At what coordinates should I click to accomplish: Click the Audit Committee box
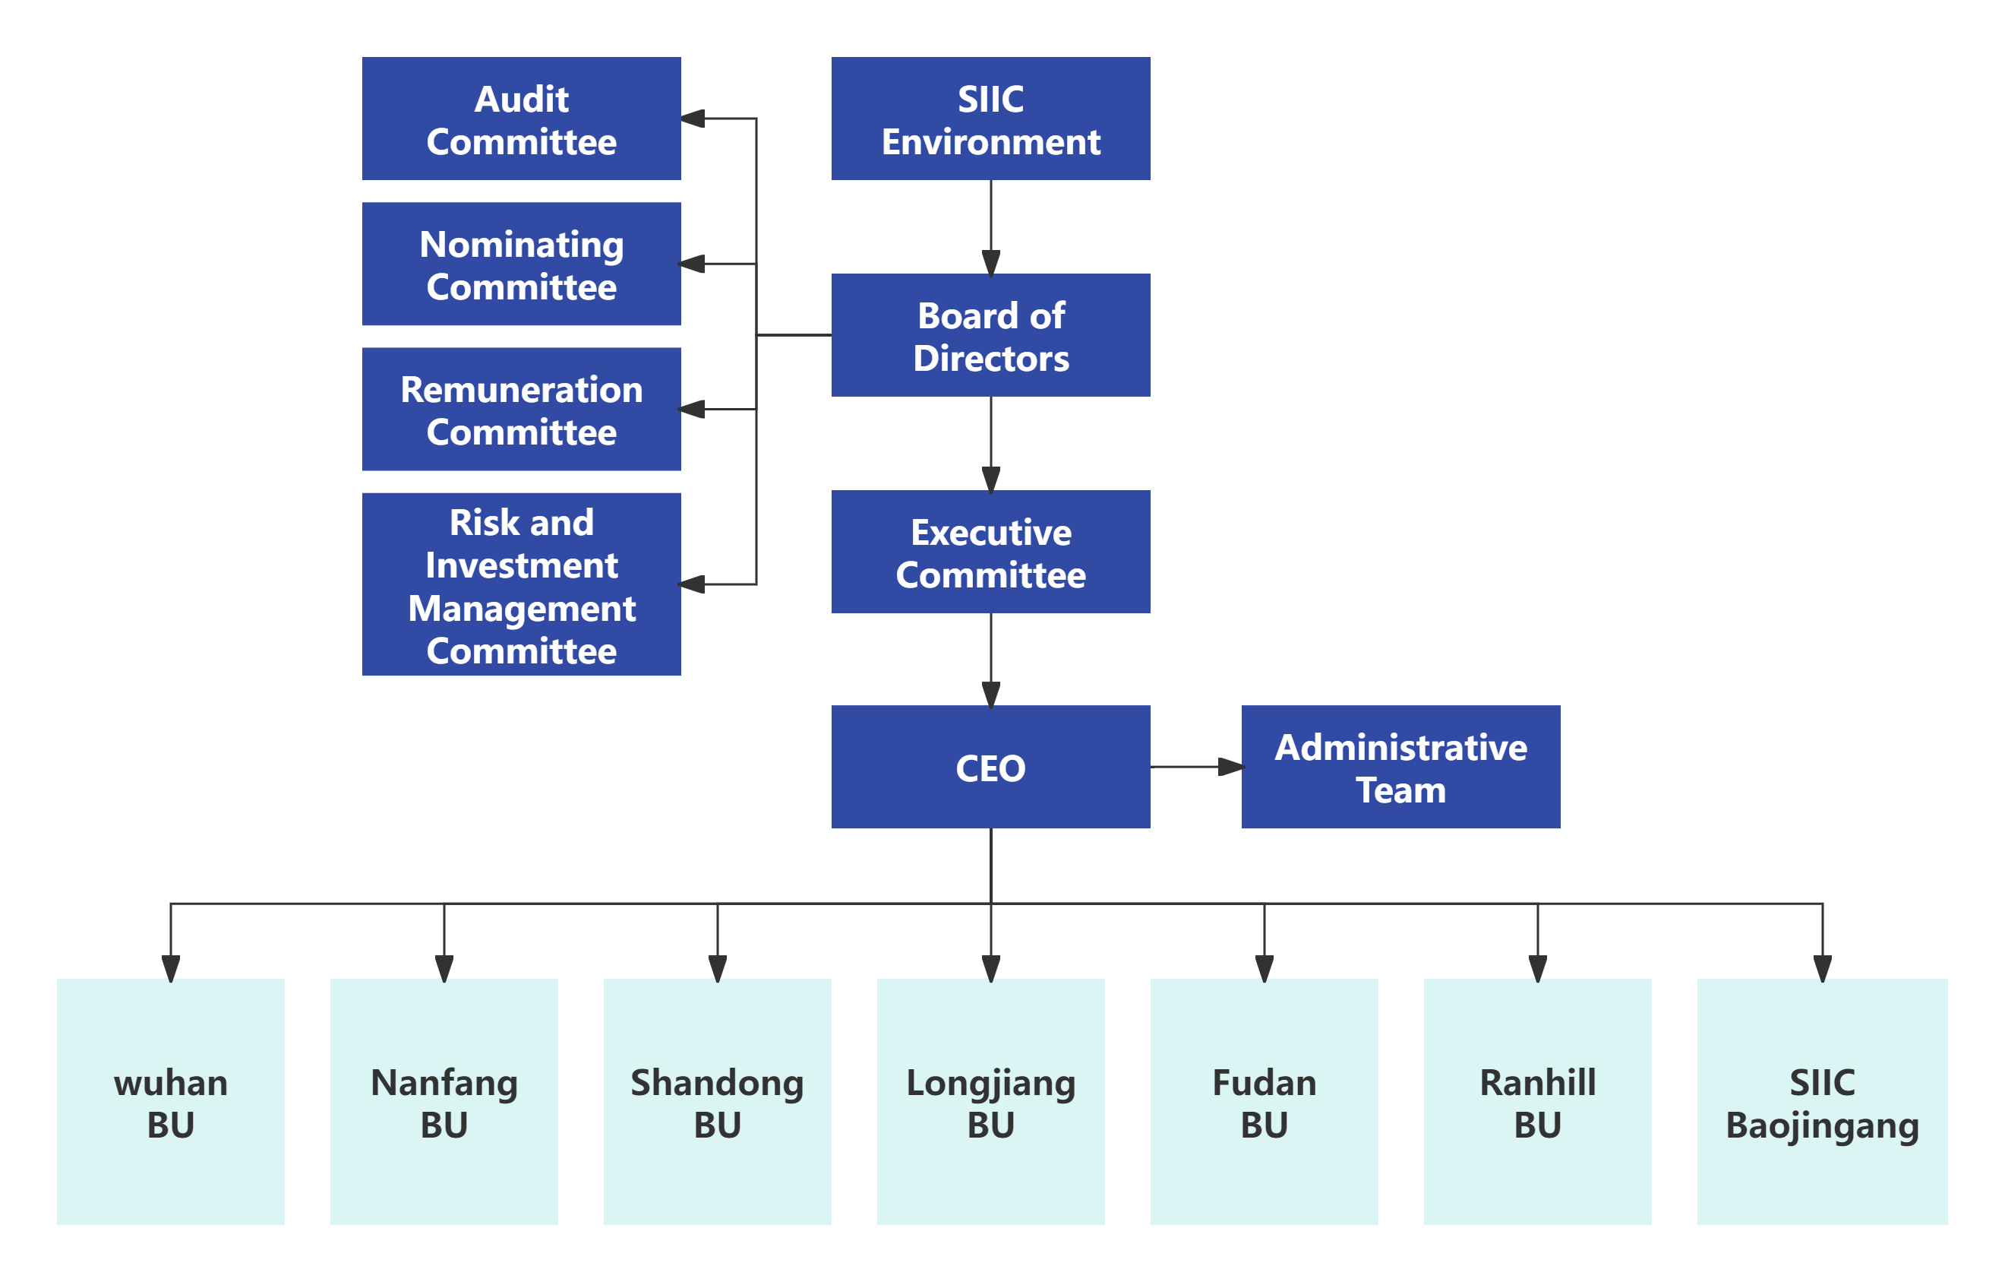(521, 119)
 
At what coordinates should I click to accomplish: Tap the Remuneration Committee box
(521, 409)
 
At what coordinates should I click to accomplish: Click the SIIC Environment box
(991, 119)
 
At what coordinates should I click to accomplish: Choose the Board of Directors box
(991, 335)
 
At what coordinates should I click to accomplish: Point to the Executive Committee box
(991, 552)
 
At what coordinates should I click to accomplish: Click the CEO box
(991, 768)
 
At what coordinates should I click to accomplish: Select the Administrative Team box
(1400, 768)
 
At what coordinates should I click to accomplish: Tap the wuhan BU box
(171, 1102)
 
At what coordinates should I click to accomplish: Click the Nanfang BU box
(444, 1102)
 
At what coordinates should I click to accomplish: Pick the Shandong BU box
(717, 1102)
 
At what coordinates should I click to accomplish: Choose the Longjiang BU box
(991, 1102)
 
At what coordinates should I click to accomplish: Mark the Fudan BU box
(1264, 1102)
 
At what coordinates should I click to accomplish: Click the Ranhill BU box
(1537, 1102)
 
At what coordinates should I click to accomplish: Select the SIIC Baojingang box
(1822, 1102)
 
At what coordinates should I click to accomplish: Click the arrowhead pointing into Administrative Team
(1230, 768)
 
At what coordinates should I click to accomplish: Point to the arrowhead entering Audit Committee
(693, 119)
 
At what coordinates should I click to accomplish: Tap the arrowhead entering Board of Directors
(991, 262)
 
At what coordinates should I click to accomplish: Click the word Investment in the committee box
(521, 565)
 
